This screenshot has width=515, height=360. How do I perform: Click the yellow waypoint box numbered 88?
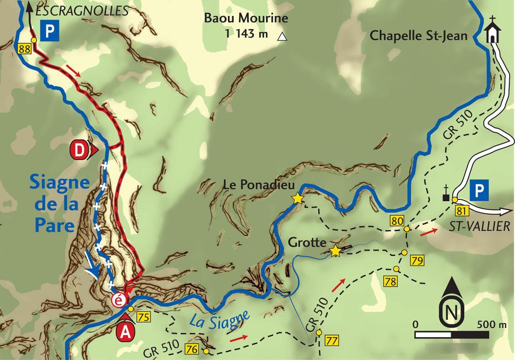point(24,49)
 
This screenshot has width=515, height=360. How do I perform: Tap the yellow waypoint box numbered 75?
point(143,317)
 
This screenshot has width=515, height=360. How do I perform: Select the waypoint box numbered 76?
point(191,349)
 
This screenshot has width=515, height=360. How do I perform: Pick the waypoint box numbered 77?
point(332,340)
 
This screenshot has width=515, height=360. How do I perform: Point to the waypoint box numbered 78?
point(391,281)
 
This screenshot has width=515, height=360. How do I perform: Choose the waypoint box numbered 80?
point(397,221)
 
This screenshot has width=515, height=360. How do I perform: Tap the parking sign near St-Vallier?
point(479,191)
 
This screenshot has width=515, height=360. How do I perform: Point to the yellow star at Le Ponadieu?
point(298,199)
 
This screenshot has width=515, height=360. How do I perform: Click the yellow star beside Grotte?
point(336,251)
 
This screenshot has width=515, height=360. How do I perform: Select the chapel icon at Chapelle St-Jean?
point(492,31)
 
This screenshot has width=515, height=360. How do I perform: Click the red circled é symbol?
point(119,300)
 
